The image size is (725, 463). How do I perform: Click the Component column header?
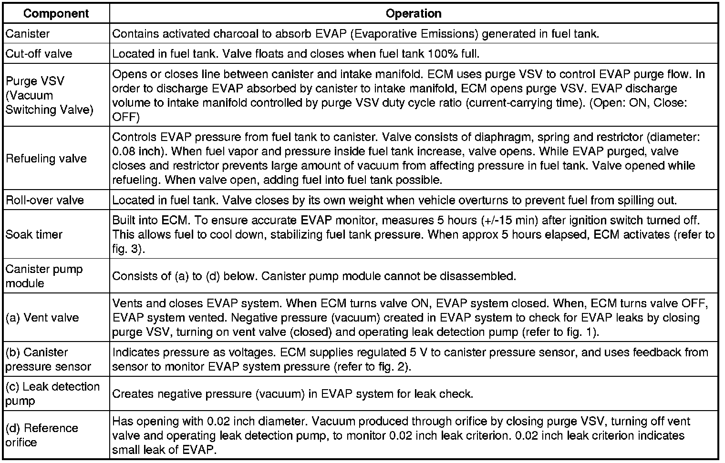click(56, 13)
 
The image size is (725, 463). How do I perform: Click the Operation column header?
click(413, 13)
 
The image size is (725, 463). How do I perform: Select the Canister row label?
click(28, 34)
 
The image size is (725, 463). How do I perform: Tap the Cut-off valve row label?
click(39, 53)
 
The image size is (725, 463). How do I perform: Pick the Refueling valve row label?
click(46, 159)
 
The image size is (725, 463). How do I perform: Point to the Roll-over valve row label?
click(45, 200)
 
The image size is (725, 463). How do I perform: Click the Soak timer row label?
click(34, 234)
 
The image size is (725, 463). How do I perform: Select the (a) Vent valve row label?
click(42, 317)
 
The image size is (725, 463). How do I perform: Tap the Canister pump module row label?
click(44, 276)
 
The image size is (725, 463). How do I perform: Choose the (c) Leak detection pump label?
click(52, 393)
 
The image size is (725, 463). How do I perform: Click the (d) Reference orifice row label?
click(41, 435)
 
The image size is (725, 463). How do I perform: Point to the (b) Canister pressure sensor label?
click(48, 359)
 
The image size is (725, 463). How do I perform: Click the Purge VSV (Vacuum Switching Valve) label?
click(50, 95)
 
